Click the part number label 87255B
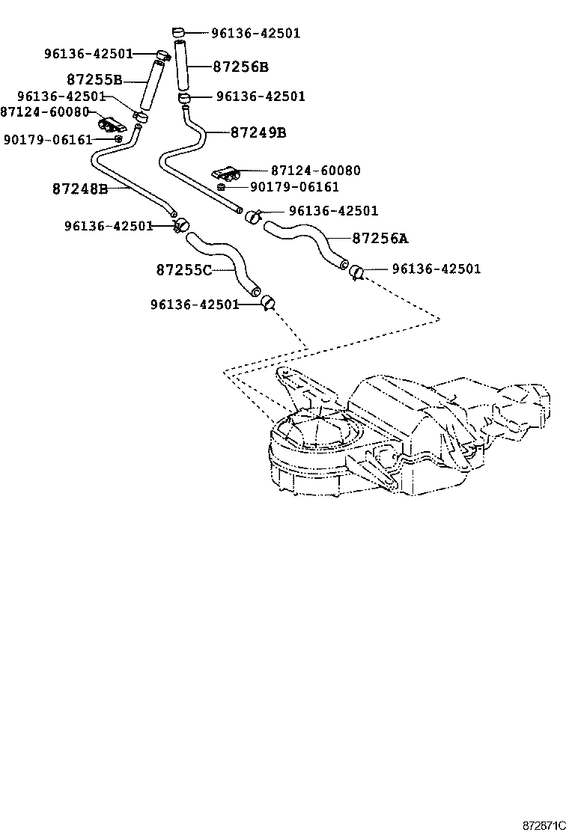94,79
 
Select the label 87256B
240,67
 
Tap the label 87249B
258,132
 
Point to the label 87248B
79,189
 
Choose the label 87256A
380,239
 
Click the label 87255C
184,269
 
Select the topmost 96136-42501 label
255,33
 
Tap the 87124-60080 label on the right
315,171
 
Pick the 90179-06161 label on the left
47,140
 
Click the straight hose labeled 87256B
183,67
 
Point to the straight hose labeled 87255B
150,85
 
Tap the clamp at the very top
178,31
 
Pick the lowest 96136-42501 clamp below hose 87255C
267,302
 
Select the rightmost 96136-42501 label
436,269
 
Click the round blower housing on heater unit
314,434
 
